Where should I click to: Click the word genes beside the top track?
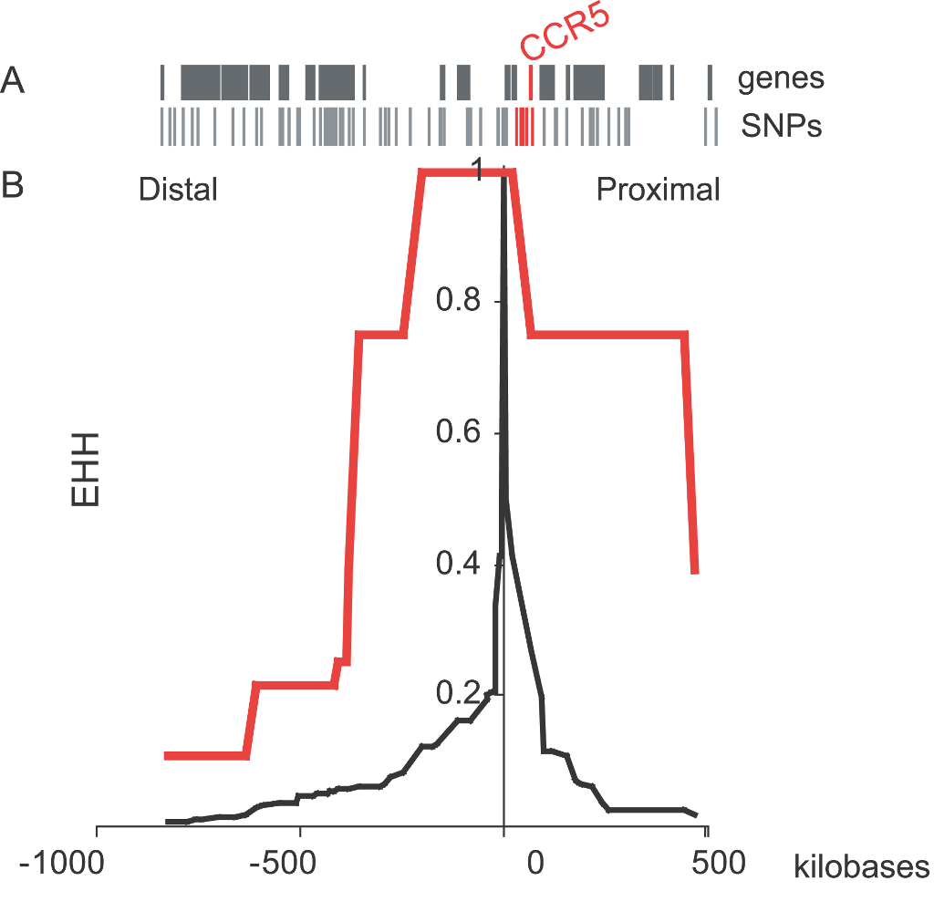781,79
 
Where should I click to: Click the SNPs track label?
781,126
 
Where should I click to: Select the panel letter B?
14,186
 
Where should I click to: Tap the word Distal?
178,190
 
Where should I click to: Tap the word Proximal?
658,190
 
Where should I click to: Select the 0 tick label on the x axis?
536,863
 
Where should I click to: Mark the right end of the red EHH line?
695,571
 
